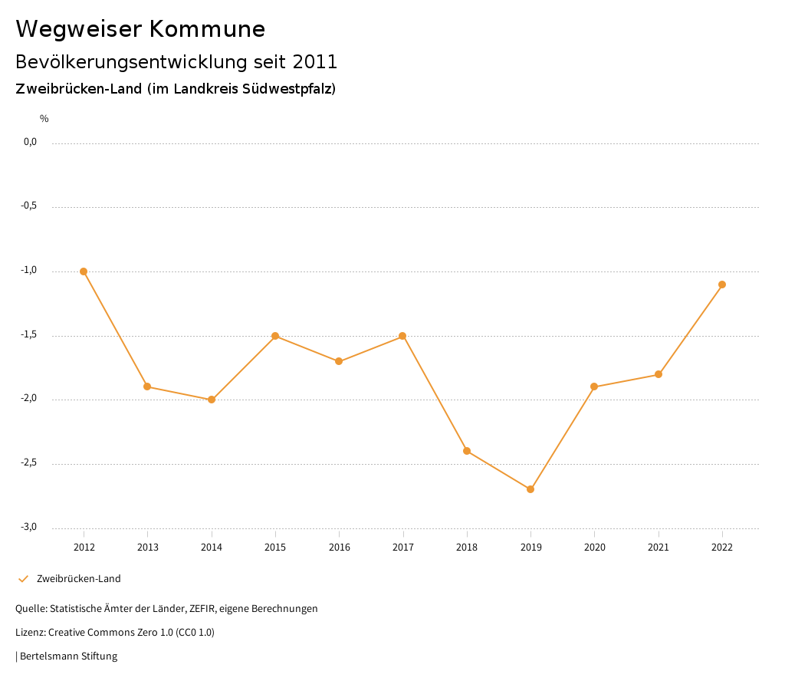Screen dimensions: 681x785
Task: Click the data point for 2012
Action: pos(84,271)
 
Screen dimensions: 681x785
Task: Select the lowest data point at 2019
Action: pos(530,489)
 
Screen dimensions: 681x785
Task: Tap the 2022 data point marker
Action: pos(722,285)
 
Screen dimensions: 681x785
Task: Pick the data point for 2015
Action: pos(275,336)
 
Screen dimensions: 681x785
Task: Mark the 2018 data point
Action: pos(467,451)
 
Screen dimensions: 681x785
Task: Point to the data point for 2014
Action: pos(212,400)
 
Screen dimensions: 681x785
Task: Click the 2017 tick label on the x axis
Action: pos(403,547)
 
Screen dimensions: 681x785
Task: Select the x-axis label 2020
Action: pos(595,547)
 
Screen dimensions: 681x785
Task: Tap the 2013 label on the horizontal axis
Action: pos(148,547)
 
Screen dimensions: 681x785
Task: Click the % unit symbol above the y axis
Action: pos(44,119)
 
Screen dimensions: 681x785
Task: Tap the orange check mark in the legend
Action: pos(23,579)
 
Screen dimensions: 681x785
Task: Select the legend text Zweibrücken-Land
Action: pos(79,579)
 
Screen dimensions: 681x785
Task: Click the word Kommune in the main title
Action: pos(207,29)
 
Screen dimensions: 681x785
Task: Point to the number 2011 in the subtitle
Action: pos(315,61)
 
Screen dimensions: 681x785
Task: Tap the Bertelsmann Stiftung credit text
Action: pos(68,656)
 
